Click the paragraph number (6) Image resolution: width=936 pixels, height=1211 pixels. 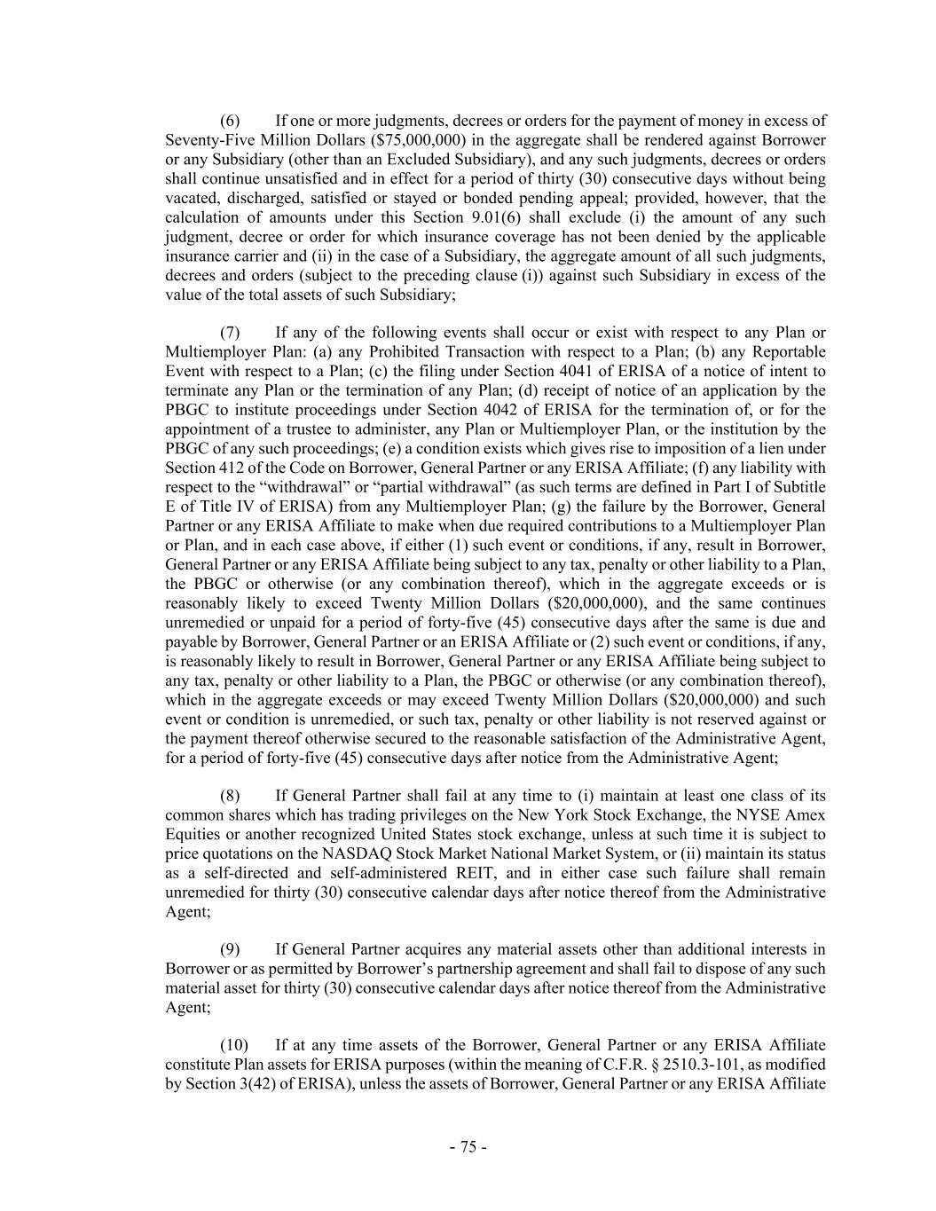coord(230,121)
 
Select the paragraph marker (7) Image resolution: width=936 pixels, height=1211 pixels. coord(230,333)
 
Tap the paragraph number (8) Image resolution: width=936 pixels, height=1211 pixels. coord(230,796)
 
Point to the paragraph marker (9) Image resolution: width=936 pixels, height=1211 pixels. coord(230,950)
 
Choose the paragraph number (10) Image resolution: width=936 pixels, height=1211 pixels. coord(233,1046)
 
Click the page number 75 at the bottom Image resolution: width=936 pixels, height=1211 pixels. coord(468,1147)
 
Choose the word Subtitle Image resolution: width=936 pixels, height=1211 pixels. coord(796,487)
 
